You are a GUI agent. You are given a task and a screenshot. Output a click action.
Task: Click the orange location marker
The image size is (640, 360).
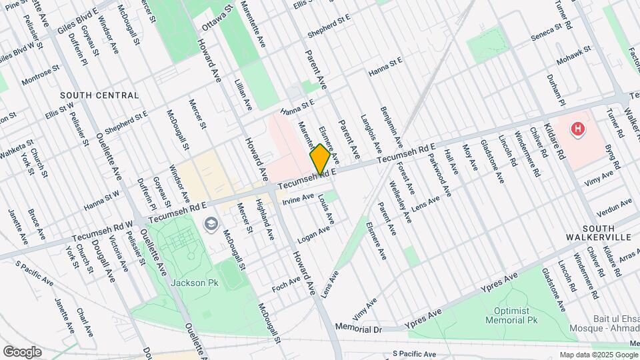click(x=320, y=159)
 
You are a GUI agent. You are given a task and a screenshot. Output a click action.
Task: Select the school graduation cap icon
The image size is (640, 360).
click(x=211, y=224)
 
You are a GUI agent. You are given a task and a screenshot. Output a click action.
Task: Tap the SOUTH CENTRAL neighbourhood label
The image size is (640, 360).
click(x=99, y=95)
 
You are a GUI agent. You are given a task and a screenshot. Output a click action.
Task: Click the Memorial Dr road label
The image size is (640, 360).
click(x=358, y=329)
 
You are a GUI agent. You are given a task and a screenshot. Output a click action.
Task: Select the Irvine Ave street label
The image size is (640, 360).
click(x=298, y=199)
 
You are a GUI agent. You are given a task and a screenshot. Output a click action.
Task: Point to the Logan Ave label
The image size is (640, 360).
click(x=314, y=232)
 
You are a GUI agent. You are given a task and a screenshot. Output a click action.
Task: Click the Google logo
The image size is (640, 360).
click(x=22, y=351)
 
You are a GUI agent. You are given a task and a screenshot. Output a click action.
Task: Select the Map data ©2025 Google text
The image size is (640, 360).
click(x=597, y=355)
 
